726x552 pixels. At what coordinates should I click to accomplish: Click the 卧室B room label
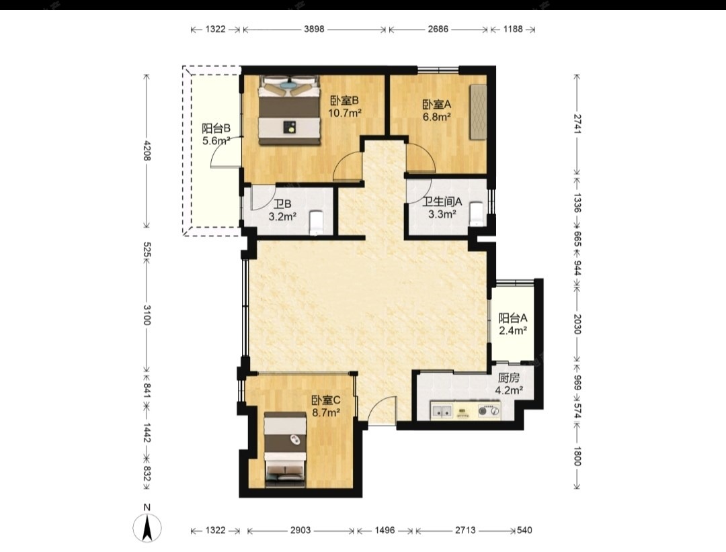(345, 101)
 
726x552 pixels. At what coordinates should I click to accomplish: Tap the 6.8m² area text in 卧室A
(437, 117)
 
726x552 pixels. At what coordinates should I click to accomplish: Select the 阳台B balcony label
(216, 128)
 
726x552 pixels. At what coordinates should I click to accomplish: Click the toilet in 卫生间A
(477, 214)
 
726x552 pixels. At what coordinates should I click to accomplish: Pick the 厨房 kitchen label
(509, 378)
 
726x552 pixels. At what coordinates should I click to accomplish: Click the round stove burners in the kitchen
(489, 410)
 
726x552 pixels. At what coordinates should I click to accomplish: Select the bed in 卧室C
(285, 451)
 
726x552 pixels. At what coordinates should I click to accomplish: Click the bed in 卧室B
(289, 110)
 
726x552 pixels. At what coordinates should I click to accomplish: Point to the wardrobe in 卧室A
(479, 111)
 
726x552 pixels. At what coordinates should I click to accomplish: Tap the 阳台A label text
(512, 318)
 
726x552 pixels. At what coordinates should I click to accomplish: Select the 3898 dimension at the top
(314, 29)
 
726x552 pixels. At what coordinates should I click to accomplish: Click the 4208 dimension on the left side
(147, 150)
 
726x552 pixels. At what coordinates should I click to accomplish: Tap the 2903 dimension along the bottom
(300, 531)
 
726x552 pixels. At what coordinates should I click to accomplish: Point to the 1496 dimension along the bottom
(385, 531)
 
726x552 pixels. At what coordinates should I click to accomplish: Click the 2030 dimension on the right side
(577, 324)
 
